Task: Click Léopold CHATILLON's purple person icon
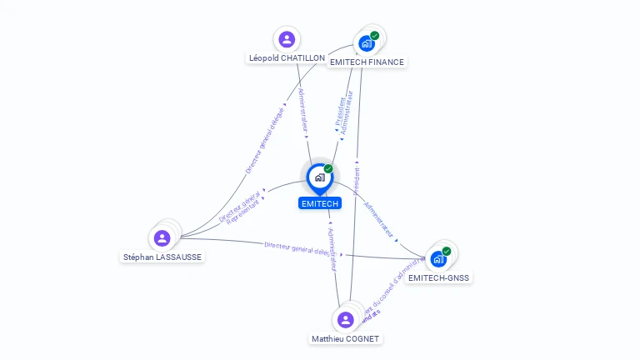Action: point(287,39)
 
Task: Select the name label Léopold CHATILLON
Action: point(287,58)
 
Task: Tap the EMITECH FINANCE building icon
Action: point(366,44)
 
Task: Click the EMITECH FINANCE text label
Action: point(367,62)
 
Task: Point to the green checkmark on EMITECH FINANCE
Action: point(375,36)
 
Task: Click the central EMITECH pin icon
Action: point(319,177)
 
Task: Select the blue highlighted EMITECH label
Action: point(320,203)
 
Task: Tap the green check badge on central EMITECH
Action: point(328,168)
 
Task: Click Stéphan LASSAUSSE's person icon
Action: point(162,238)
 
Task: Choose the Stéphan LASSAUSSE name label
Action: point(162,257)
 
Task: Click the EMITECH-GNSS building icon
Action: point(438,259)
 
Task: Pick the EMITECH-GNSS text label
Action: point(439,277)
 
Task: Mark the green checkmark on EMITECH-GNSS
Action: point(447,251)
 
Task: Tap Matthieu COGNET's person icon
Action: point(346,319)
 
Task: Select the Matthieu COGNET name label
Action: point(346,338)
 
